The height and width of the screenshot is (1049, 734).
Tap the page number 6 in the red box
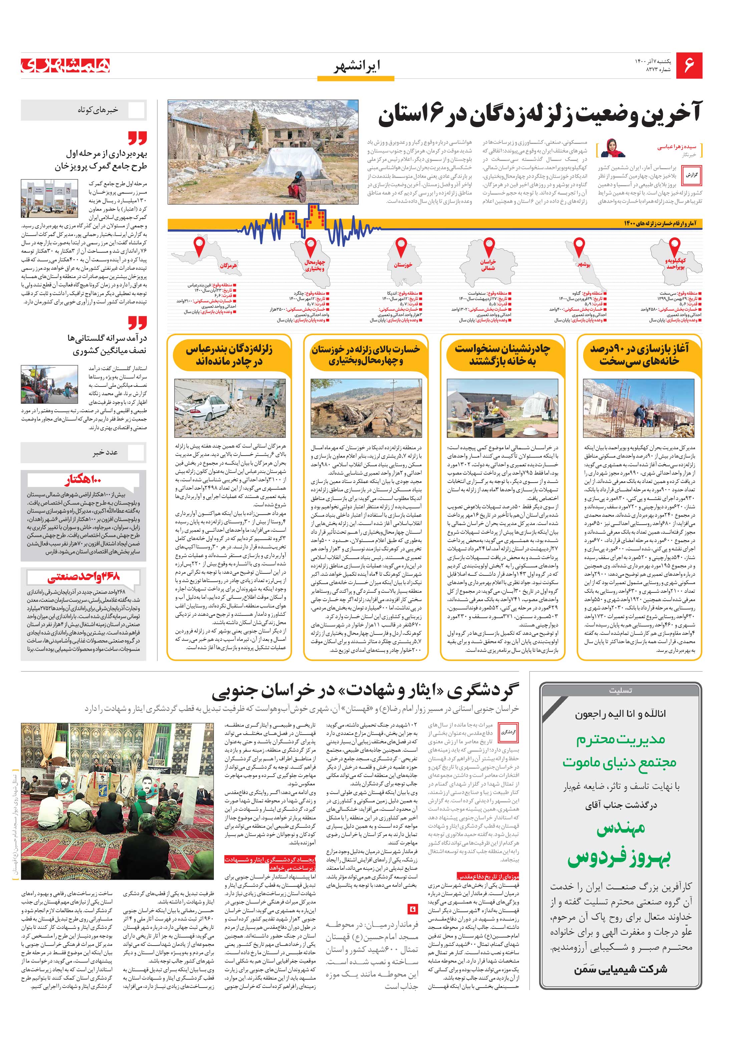[x=689, y=66]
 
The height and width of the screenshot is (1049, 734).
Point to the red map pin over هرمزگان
[x=199, y=247]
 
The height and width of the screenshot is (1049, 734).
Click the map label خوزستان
[x=403, y=265]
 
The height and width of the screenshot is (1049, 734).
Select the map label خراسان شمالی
[x=488, y=265]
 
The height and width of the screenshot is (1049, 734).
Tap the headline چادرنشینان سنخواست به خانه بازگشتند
[x=502, y=355]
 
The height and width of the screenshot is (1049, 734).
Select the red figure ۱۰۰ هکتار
[x=83, y=480]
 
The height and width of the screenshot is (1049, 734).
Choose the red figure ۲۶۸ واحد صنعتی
[x=83, y=577]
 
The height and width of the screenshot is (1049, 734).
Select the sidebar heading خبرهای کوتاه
[x=98, y=110]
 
